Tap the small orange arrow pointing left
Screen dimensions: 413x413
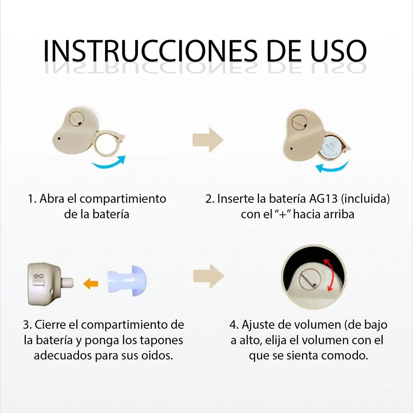(x=91, y=284)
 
